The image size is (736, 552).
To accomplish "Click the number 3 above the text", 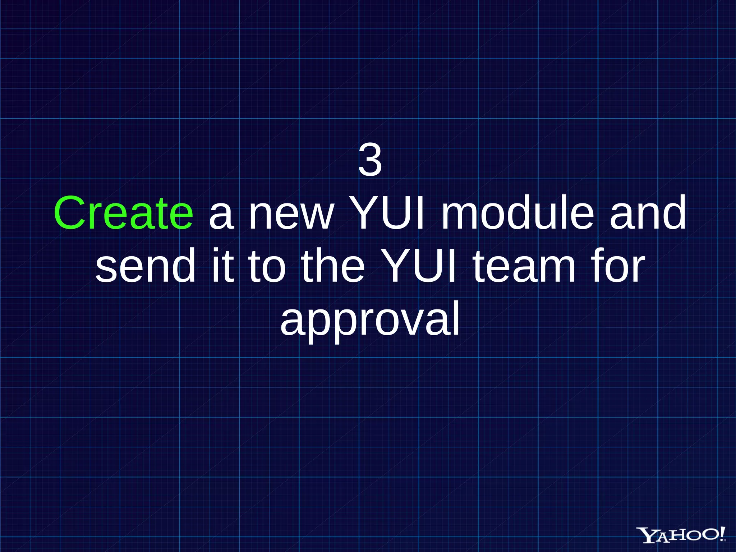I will coord(370,161).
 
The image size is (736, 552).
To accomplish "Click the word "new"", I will coord(291,216).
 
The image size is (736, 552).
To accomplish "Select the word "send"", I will coord(146,266).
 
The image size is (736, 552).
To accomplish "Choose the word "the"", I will coord(333,266).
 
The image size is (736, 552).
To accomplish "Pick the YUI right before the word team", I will coord(419,266).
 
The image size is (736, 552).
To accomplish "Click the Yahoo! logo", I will coord(681,534).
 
